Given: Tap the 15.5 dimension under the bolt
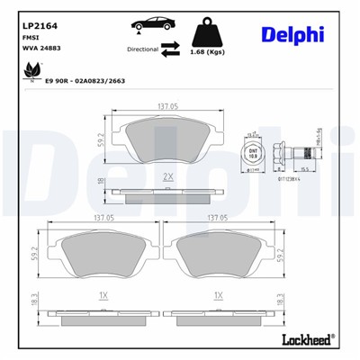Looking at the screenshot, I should [304, 168].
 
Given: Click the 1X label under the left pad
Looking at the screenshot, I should [103, 294].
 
